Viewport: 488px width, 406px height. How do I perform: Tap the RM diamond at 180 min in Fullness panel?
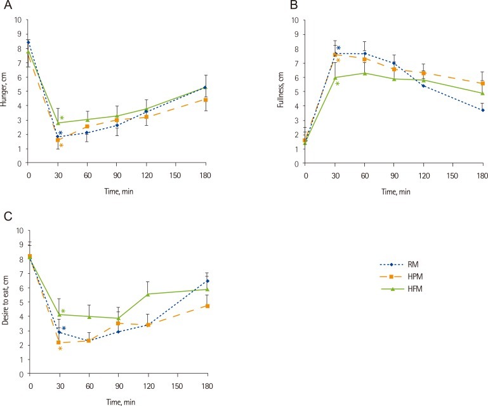pos(483,110)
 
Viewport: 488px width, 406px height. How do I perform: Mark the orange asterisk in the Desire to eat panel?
pos(60,349)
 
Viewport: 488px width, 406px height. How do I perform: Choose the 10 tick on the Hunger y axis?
pos(19,19)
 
